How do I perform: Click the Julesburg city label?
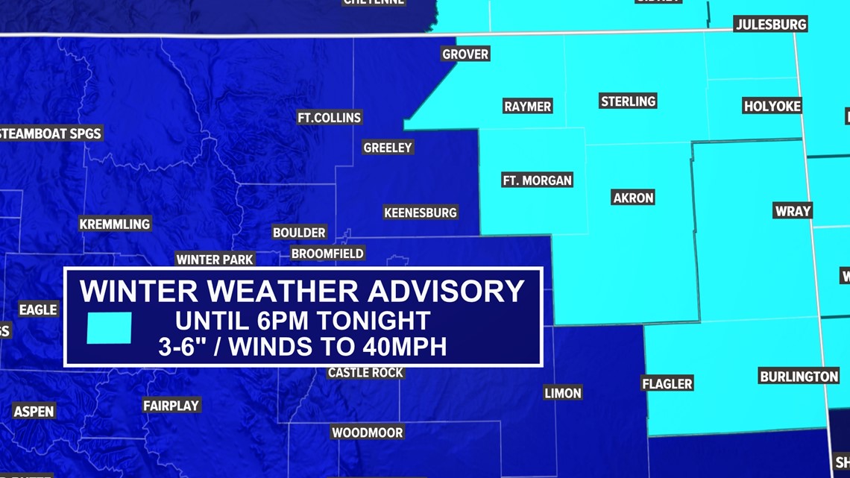[x=771, y=24]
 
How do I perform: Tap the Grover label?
[x=465, y=54]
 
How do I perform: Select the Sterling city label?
[x=628, y=101]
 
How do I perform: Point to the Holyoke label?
[x=772, y=106]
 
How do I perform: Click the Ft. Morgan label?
[x=537, y=180]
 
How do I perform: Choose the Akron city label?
[x=633, y=198]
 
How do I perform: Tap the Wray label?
[x=793, y=210]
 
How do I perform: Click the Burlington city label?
[x=799, y=376]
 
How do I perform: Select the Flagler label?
[x=667, y=383]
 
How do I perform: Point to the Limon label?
[x=563, y=393]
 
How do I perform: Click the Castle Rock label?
[x=365, y=372]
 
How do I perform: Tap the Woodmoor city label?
[x=368, y=433]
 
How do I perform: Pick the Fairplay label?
[x=171, y=405]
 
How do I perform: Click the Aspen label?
[x=34, y=411]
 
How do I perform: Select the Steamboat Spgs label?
[x=50, y=134]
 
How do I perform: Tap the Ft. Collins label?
[x=329, y=117]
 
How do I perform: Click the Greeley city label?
[x=388, y=148]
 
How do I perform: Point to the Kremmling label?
[x=115, y=224]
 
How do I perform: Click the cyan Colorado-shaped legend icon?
[x=109, y=327]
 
